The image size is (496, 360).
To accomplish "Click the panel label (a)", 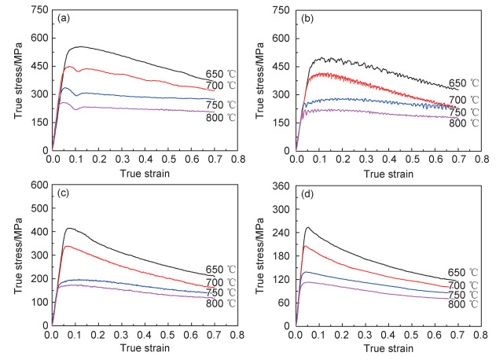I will [64, 17].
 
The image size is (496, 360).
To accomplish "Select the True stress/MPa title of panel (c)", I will [17, 255].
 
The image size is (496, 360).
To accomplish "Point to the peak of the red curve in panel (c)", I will [67, 246].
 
